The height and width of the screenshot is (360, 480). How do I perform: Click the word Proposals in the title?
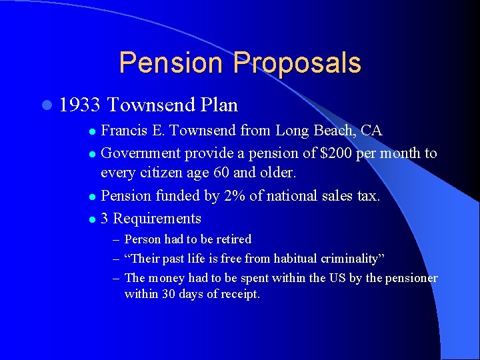pos(297,63)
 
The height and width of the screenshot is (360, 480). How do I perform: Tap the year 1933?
pos(79,105)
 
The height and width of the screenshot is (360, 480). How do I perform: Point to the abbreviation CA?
pos(371,130)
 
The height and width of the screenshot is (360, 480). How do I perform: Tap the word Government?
pos(141,153)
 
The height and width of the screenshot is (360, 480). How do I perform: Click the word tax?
pos(368,196)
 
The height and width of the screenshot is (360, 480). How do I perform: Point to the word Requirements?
pos(157,219)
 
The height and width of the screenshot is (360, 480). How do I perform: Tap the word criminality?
pos(350,259)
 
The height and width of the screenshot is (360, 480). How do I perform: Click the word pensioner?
pos(408,278)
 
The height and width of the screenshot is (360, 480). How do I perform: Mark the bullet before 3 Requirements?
pos(92,219)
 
